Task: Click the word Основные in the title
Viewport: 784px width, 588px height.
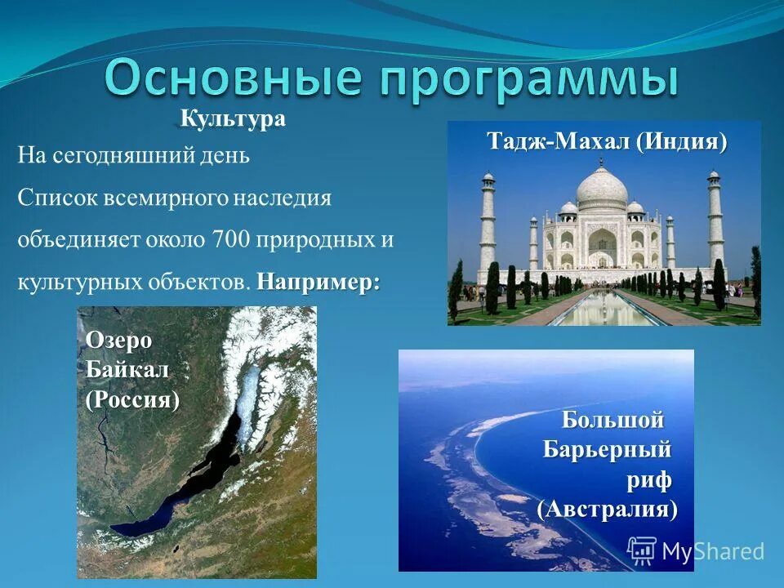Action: (x=232, y=79)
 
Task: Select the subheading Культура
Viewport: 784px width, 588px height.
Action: (x=232, y=119)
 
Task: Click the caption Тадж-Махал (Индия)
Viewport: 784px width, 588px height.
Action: (x=606, y=141)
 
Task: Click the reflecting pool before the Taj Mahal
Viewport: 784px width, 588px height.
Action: (x=603, y=307)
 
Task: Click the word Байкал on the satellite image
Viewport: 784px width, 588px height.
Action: (x=127, y=370)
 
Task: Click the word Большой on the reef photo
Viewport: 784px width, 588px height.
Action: (x=613, y=421)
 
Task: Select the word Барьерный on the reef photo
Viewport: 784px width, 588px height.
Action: (x=608, y=450)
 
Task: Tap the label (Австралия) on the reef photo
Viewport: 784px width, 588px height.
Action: (x=608, y=510)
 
